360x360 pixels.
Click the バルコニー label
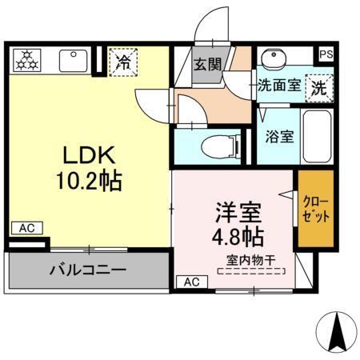pyautogui.click(x=88, y=270)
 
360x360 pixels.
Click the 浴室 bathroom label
pyautogui.click(x=278, y=135)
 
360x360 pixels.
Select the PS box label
pyautogui.click(x=326, y=54)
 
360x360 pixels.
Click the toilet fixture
pyautogui.click(x=217, y=147)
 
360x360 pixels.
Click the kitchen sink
pyautogui.click(x=74, y=60)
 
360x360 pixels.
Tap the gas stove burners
pyautogui.click(x=28, y=58)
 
